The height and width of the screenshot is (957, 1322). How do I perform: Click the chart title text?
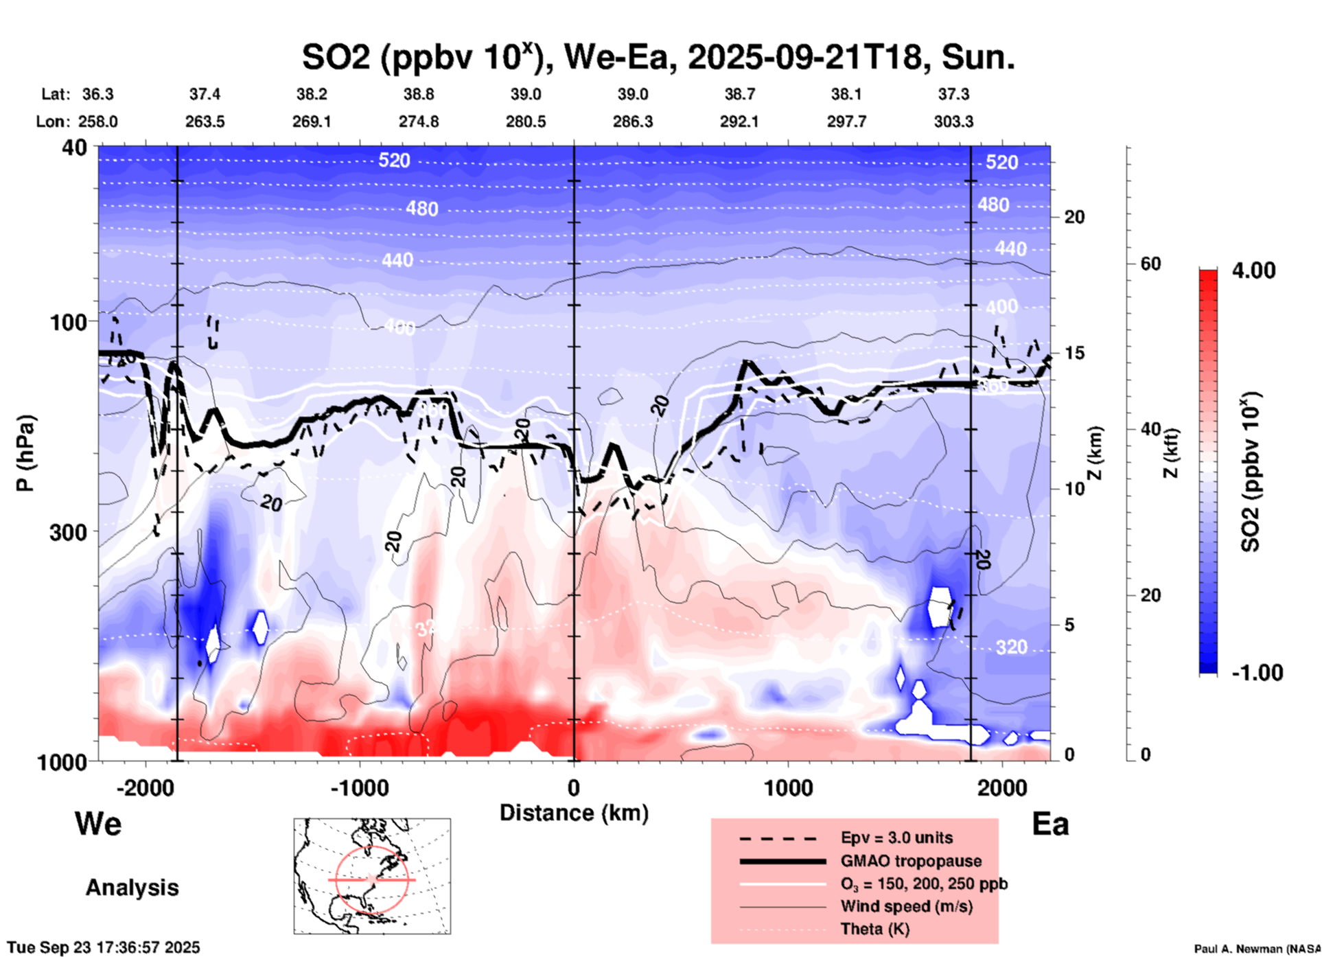[658, 58]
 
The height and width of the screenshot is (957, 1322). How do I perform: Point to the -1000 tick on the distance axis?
[360, 787]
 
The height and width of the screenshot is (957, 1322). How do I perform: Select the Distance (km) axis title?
[574, 813]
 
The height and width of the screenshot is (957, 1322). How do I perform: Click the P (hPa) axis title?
[25, 453]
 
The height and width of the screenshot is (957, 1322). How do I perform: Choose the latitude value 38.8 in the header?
[419, 94]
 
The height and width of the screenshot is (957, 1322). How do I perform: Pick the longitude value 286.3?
[632, 122]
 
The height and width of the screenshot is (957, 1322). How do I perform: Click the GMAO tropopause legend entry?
[910, 861]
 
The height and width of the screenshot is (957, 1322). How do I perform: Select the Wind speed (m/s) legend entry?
[906, 906]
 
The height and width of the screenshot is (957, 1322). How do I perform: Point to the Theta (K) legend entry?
[874, 929]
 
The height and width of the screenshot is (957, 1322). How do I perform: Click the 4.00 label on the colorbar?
[1253, 270]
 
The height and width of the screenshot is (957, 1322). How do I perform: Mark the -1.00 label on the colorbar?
[1257, 672]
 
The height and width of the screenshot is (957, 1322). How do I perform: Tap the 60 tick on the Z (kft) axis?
[1150, 264]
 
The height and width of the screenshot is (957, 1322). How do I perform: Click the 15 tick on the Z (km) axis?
[1075, 353]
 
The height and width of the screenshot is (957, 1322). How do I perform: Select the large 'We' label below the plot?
[98, 823]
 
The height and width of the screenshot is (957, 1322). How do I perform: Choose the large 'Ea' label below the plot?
[1050, 824]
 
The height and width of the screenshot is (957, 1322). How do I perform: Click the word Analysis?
[132, 888]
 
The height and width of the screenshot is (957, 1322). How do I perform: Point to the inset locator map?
[372, 876]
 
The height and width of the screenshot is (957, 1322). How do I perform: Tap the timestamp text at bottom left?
[104, 947]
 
